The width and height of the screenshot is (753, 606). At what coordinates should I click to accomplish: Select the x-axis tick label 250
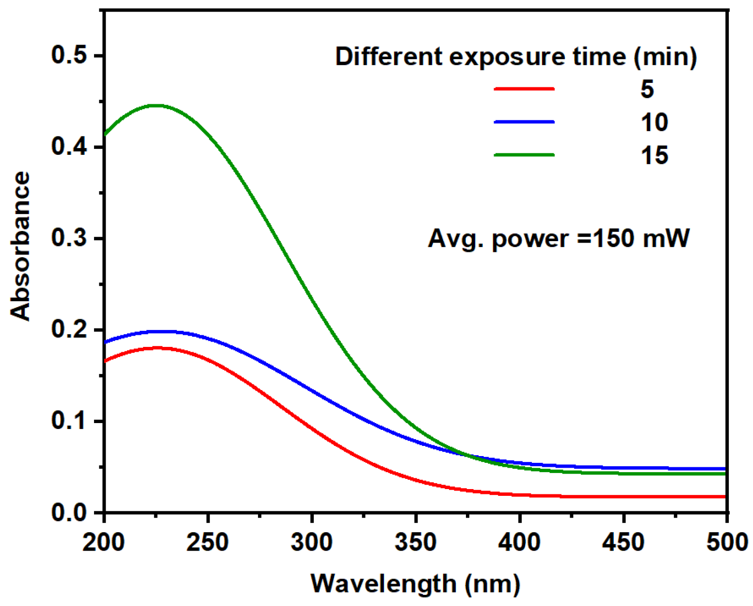tap(208, 541)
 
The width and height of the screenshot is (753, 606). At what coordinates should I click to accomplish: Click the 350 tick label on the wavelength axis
tap(416, 541)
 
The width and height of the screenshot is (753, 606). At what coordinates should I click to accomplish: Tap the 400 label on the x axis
tap(519, 541)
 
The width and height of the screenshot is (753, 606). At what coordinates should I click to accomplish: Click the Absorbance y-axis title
tap(20, 246)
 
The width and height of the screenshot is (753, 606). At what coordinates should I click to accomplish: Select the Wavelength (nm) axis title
tap(415, 583)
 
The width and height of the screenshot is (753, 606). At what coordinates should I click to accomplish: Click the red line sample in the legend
tap(524, 89)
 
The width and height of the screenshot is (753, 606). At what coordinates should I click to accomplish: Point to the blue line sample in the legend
tap(524, 122)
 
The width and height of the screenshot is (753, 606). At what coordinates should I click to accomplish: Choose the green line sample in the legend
tap(524, 155)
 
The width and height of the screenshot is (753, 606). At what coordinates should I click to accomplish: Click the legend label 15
tap(654, 155)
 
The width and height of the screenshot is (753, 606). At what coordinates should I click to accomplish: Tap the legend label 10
tap(654, 122)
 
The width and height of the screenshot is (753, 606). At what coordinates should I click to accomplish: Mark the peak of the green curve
tap(155, 105)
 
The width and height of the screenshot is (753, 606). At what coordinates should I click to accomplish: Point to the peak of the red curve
tap(158, 348)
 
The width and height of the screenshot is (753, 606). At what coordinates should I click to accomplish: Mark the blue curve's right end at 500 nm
tap(725, 469)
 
